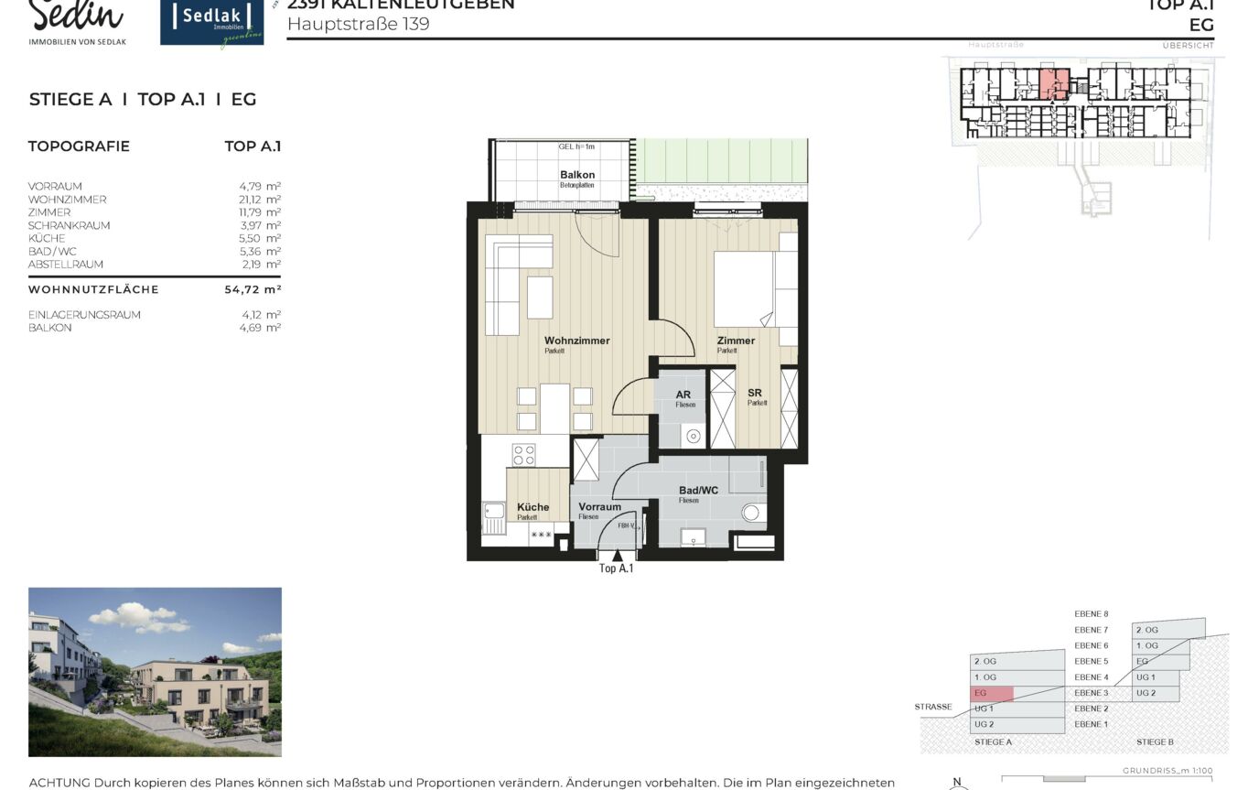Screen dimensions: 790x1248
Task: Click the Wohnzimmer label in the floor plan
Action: [576, 341]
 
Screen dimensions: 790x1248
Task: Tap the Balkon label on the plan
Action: [577, 175]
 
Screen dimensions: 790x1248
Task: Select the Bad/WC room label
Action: [698, 491]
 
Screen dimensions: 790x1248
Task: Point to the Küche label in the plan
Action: [533, 507]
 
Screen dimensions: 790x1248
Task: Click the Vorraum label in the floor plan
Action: [599, 506]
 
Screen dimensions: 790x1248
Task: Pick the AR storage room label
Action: [683, 395]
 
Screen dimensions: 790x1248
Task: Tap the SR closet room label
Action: [755, 393]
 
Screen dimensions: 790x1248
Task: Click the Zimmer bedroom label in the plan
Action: [736, 341]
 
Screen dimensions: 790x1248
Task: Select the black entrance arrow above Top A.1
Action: [618, 555]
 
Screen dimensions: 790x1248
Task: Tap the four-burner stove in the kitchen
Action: [523, 455]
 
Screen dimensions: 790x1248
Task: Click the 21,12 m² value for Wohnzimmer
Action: [260, 200]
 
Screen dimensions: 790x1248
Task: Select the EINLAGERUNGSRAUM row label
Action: [84, 315]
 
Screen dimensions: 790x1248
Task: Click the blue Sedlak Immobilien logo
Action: [211, 23]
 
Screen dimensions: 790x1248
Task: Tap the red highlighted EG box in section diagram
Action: [992, 694]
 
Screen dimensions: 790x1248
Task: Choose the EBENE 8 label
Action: [1092, 614]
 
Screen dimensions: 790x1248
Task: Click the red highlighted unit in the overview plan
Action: [1053, 84]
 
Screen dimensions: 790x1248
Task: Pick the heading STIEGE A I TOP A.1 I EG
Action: [143, 100]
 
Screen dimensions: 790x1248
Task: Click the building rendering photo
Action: [155, 672]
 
